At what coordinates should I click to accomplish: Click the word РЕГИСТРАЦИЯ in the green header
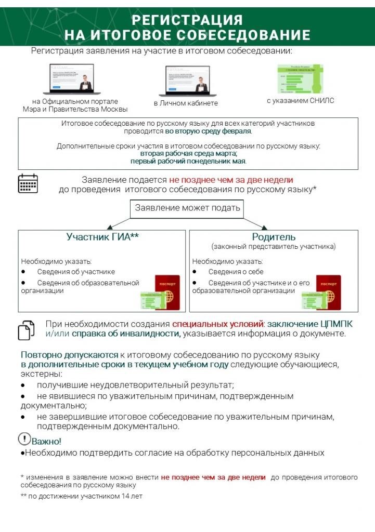coord(187,20)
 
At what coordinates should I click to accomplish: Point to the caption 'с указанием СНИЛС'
coord(300,101)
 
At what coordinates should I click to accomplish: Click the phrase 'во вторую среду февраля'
coord(208,131)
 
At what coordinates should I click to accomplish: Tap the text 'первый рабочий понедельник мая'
coord(188,161)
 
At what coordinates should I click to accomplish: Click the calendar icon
coord(28,183)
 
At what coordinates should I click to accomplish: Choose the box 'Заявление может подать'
coord(188,208)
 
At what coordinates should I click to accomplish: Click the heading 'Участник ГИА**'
coord(102,237)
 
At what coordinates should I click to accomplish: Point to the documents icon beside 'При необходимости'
coord(27,329)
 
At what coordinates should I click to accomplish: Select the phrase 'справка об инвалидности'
coord(126,334)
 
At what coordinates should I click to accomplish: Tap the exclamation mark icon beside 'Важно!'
coord(24,439)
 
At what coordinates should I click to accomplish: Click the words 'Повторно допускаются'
coord(70,354)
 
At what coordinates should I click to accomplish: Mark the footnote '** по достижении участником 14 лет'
coord(81,496)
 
